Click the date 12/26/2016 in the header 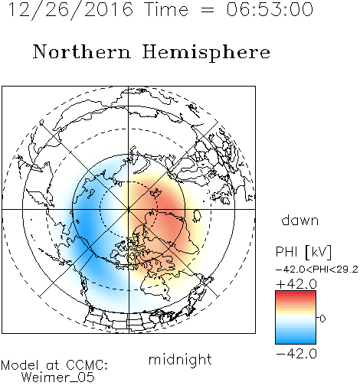pos(70,10)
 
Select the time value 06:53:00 pos(270,10)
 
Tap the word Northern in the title pos(82,52)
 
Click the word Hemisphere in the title pos(206,52)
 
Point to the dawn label pos(300,220)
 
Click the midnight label pos(180,359)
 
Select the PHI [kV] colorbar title pos(304,252)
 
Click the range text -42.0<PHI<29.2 pos(317,270)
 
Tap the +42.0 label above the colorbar pos(296,284)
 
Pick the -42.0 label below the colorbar pos(296,354)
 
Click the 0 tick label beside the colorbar pos(322,319)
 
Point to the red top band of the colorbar pos(296,294)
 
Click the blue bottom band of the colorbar pos(296,341)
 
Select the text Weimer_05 pos(58,378)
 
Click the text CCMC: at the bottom pos(87,365)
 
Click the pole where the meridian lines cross pos(129,209)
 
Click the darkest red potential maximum pos(169,204)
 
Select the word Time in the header pos(166,10)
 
